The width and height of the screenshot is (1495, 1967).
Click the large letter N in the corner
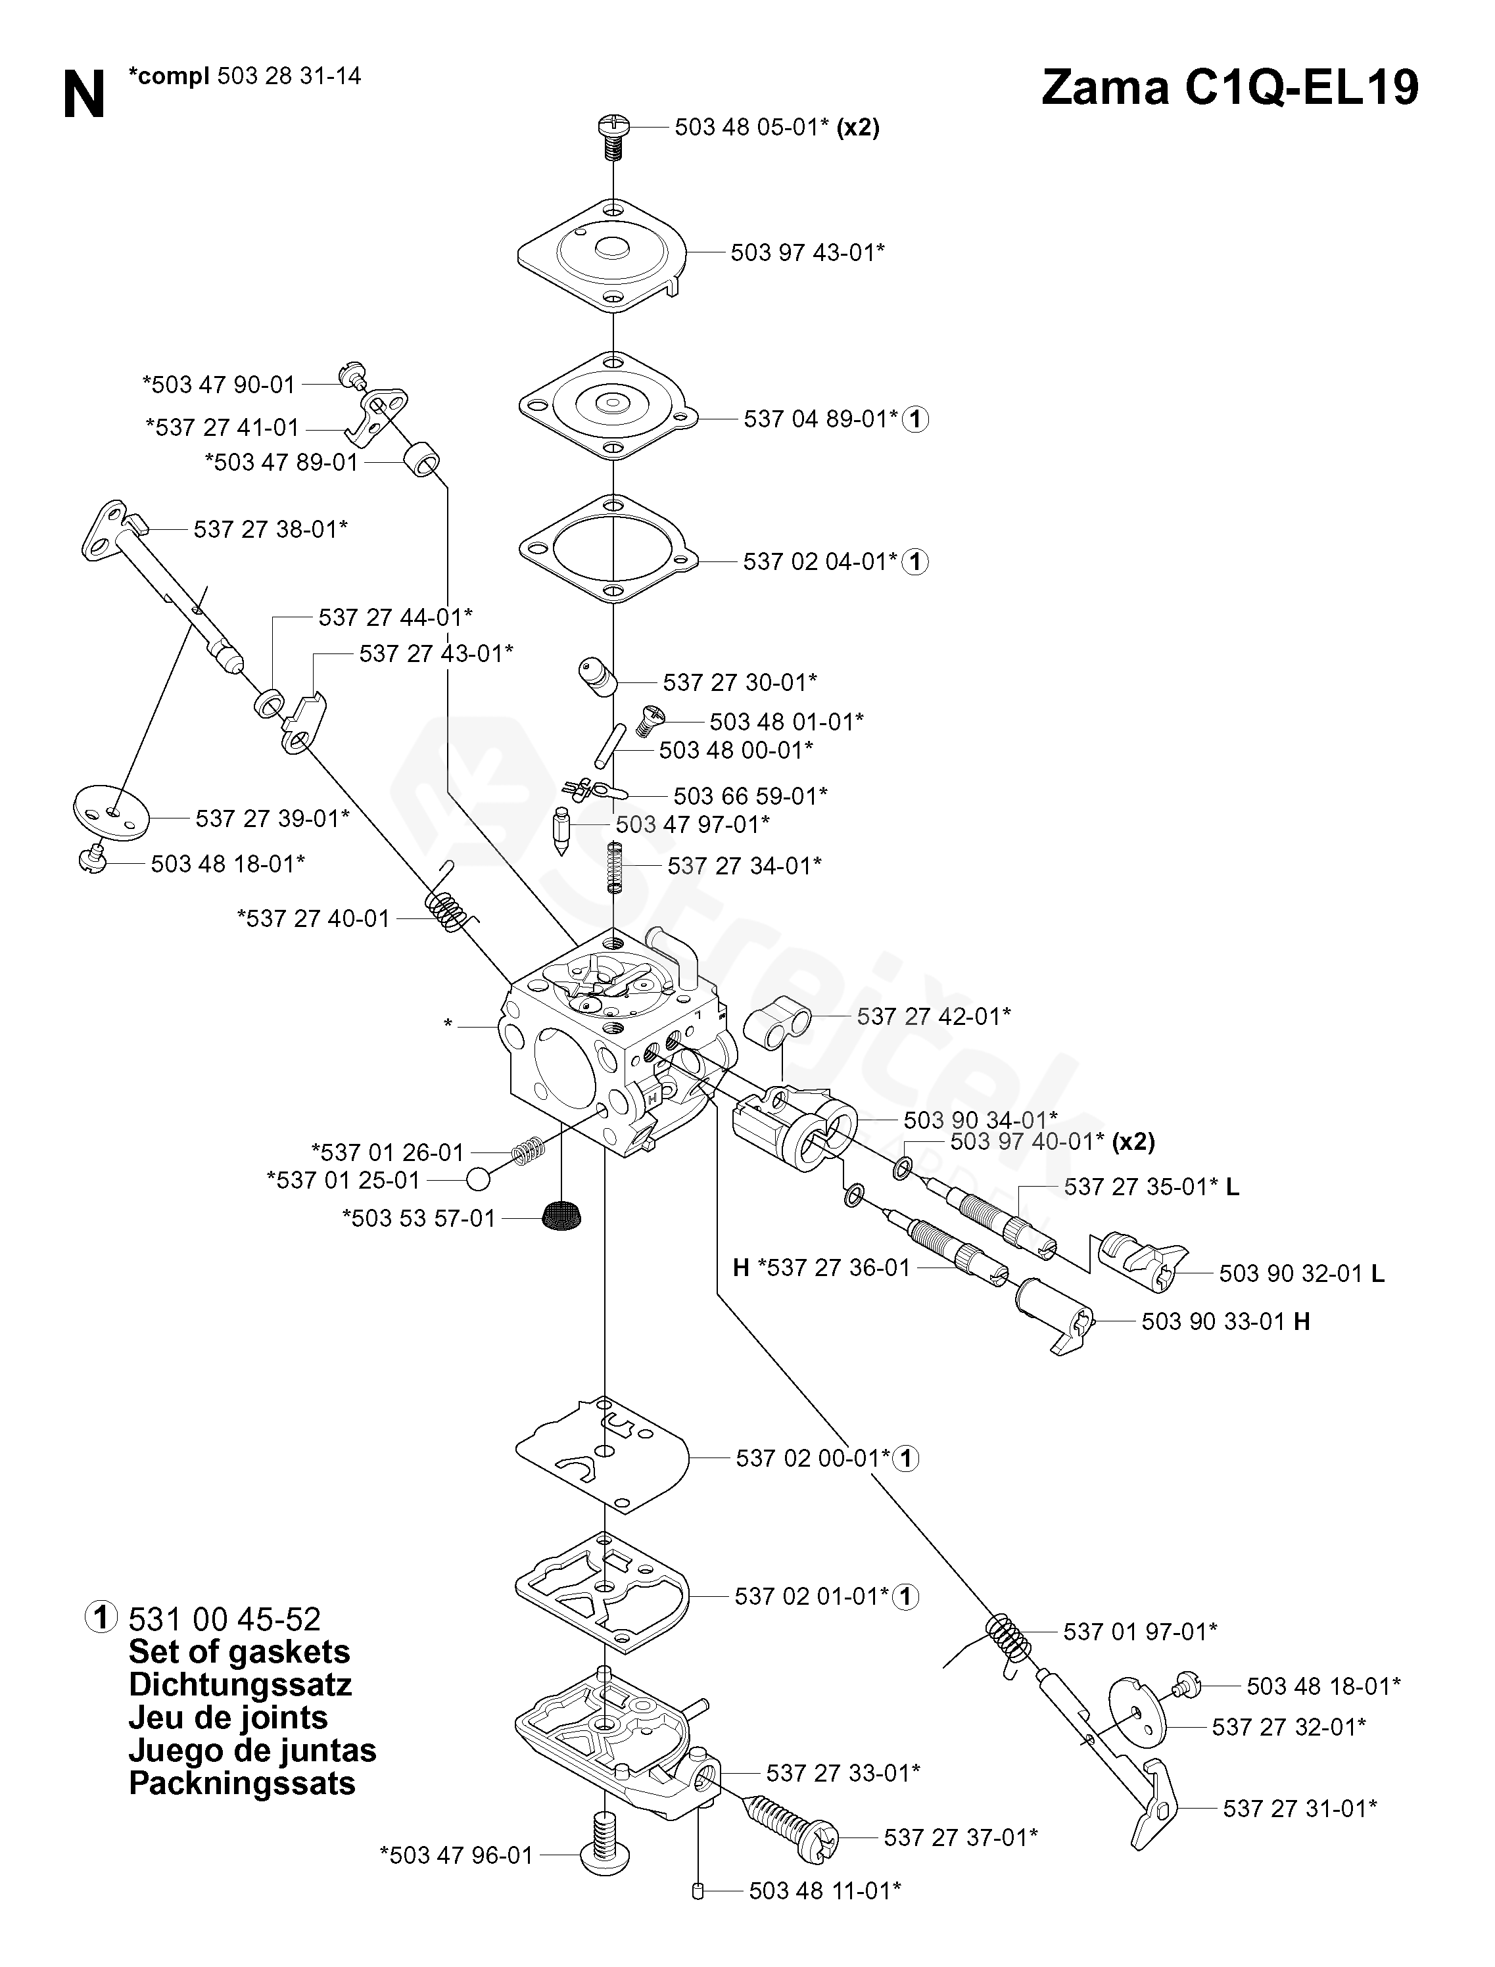(x=85, y=96)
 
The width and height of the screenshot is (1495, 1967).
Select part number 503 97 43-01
(x=807, y=252)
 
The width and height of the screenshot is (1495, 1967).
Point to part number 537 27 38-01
(x=270, y=529)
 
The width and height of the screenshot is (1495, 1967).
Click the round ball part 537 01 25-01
(x=478, y=1179)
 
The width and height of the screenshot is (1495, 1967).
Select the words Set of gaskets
(x=239, y=1652)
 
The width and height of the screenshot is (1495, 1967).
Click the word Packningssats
(x=242, y=1784)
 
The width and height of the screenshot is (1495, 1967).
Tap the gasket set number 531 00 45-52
(x=225, y=1619)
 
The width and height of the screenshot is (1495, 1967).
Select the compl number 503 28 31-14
(x=289, y=76)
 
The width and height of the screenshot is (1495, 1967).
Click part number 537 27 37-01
(x=961, y=1837)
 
